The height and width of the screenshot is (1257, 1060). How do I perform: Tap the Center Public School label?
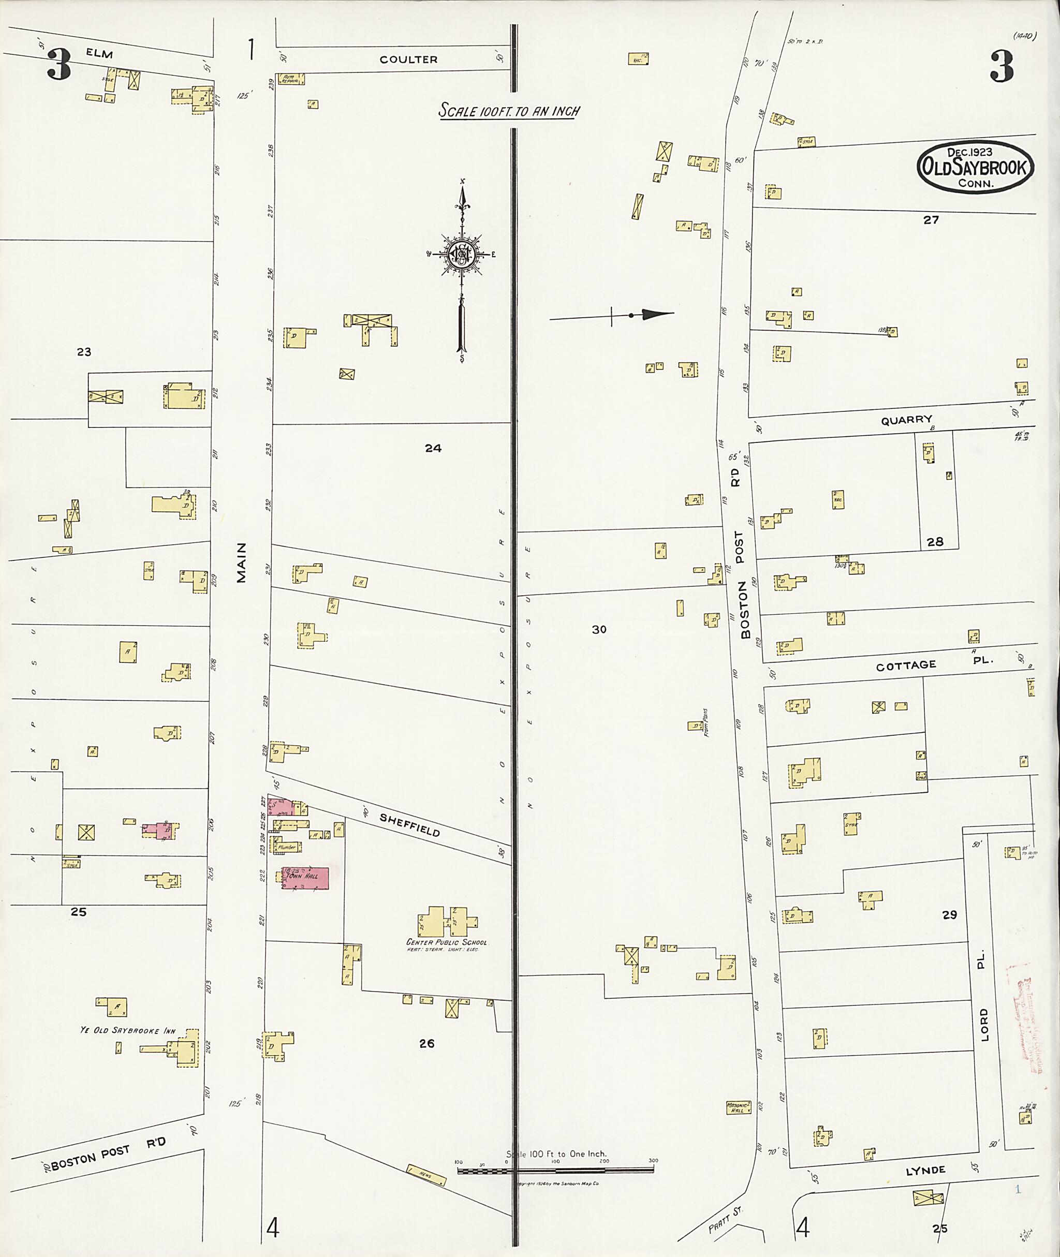(x=447, y=942)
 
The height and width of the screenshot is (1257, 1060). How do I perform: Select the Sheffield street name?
(x=410, y=824)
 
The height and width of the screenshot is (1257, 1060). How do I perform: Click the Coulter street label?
(x=408, y=60)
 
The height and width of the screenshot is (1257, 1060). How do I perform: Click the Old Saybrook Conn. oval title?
(x=975, y=167)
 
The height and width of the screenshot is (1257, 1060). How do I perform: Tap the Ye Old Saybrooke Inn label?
(x=128, y=1030)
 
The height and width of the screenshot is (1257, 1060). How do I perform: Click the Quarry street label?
(x=906, y=420)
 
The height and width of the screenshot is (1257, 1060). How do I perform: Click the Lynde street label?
(x=925, y=1170)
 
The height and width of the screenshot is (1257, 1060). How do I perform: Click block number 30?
(x=599, y=629)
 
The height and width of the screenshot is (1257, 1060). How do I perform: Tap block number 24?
(x=433, y=448)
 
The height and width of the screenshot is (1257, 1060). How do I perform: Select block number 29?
(x=949, y=914)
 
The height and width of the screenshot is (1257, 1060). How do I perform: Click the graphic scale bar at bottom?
(x=555, y=1170)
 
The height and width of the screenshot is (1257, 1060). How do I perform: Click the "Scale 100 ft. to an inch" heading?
(x=508, y=111)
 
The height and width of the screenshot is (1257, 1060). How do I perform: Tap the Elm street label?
(x=99, y=53)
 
